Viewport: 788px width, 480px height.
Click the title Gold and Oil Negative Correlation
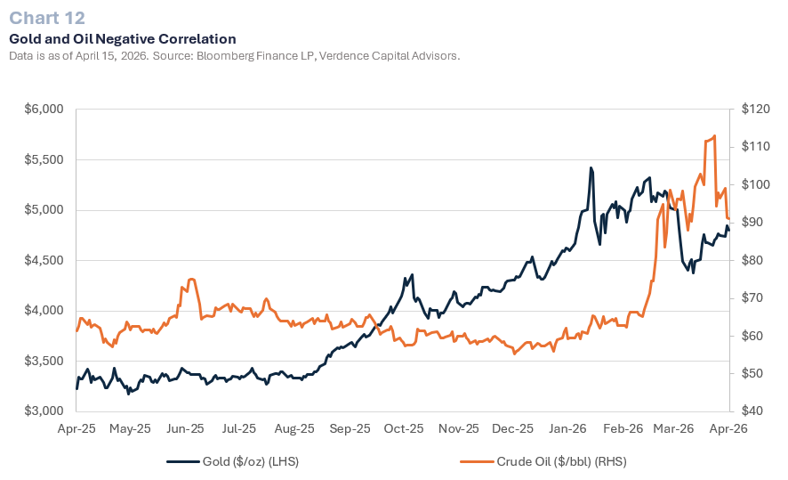[122, 39]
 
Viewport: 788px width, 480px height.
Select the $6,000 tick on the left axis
[44, 110]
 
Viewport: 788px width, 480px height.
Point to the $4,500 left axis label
[44, 261]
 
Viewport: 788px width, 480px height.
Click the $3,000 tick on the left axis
[44, 411]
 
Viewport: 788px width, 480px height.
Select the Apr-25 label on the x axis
[76, 428]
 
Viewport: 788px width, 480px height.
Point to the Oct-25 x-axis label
[405, 428]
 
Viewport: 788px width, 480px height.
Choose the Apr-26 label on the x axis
[730, 428]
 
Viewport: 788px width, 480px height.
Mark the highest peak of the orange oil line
[715, 136]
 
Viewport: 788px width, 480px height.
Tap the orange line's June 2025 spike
[191, 280]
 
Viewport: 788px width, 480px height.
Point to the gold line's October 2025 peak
[411, 275]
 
